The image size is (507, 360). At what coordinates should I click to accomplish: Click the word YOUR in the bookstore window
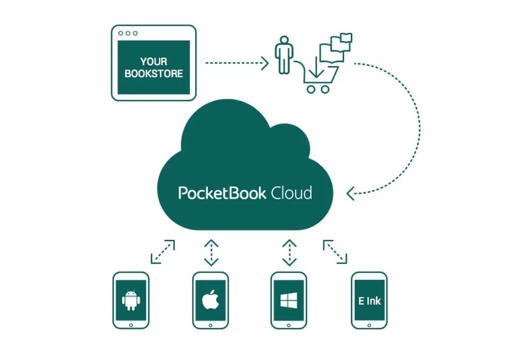153,61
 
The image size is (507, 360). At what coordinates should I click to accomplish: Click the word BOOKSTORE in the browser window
154,74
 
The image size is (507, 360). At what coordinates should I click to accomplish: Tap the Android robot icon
131,300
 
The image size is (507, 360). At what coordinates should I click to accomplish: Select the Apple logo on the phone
210,300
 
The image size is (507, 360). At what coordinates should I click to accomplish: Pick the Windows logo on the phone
289,301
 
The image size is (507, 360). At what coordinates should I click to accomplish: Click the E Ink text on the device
369,301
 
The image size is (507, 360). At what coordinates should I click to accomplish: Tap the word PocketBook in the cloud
222,193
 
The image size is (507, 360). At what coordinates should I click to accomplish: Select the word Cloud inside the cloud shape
291,193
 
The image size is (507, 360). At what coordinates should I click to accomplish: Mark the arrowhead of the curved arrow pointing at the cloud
351,193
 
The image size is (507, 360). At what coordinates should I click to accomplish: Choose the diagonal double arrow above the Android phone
163,252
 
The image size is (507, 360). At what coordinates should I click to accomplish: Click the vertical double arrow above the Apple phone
211,253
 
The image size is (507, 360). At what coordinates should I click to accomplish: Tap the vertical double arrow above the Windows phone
289,253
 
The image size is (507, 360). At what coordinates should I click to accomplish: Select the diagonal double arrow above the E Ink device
335,252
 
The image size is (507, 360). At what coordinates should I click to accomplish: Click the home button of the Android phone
131,324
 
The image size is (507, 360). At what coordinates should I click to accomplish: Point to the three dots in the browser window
128,33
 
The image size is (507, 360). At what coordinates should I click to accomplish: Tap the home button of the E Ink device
369,324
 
